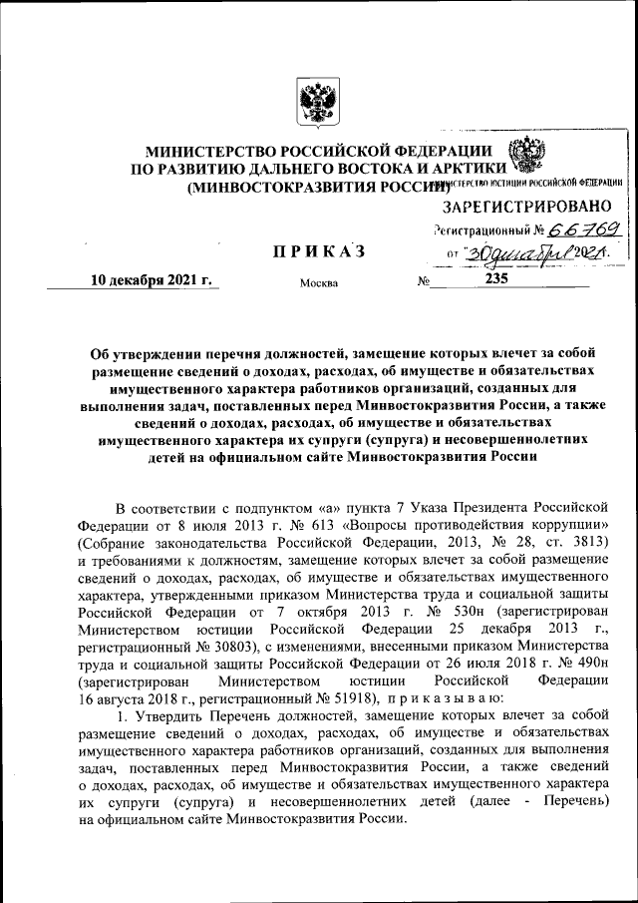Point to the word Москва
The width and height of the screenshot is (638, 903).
coord(319,282)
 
